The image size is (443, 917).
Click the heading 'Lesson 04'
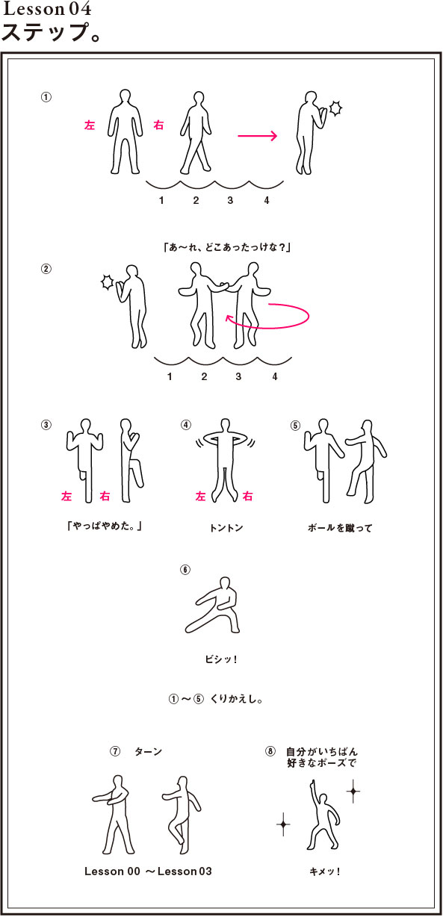(47, 9)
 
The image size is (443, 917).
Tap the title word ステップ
(46, 33)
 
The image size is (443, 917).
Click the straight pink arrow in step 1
(258, 135)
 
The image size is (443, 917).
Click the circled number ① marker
(46, 97)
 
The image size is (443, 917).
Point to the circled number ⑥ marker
(185, 570)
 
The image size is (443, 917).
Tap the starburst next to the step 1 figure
(335, 108)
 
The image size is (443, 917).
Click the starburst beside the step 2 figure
(108, 282)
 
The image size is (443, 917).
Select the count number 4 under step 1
(267, 200)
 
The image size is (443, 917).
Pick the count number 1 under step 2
(170, 376)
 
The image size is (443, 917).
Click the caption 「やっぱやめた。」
(105, 526)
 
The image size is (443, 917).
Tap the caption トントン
(226, 528)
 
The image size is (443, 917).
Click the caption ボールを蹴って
(340, 528)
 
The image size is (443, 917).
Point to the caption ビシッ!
(221, 659)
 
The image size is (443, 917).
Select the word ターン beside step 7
(148, 751)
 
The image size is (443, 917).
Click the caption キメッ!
(325, 871)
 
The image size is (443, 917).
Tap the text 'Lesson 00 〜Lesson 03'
(148, 871)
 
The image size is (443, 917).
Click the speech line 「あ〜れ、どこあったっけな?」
(227, 247)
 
